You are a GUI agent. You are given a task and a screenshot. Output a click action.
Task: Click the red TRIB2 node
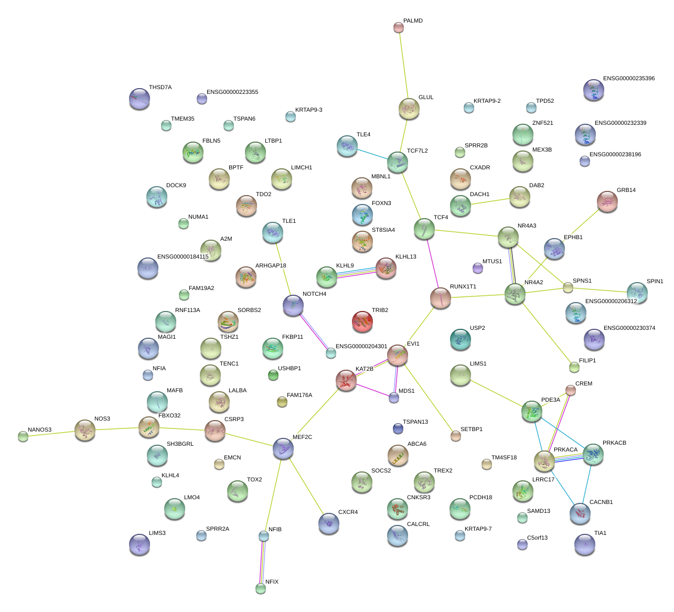tap(362, 321)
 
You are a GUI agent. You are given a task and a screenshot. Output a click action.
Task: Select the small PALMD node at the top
tap(398, 27)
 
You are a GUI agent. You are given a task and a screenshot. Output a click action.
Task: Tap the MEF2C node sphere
tap(283, 448)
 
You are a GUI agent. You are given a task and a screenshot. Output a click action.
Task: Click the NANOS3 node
tap(23, 436)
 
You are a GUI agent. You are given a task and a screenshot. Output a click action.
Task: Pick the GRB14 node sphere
tap(607, 201)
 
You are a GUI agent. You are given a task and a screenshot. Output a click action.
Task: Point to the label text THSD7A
tap(160, 88)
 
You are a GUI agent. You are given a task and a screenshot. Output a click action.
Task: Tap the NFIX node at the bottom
tap(261, 588)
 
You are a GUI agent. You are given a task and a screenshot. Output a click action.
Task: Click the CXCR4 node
tap(328, 523)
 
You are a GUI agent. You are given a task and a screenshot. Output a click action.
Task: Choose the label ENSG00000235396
tap(628, 79)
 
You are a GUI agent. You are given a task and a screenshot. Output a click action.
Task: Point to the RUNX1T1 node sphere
tap(441, 298)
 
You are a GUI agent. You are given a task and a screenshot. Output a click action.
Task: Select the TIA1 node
tap(584, 544)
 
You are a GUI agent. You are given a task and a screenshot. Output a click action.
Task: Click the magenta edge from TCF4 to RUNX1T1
tap(433, 263)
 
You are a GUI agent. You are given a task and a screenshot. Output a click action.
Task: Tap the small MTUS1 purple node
tap(477, 268)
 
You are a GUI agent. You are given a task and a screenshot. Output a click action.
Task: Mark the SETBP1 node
tap(455, 436)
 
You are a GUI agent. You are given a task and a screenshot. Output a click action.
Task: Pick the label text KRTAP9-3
tap(308, 110)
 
